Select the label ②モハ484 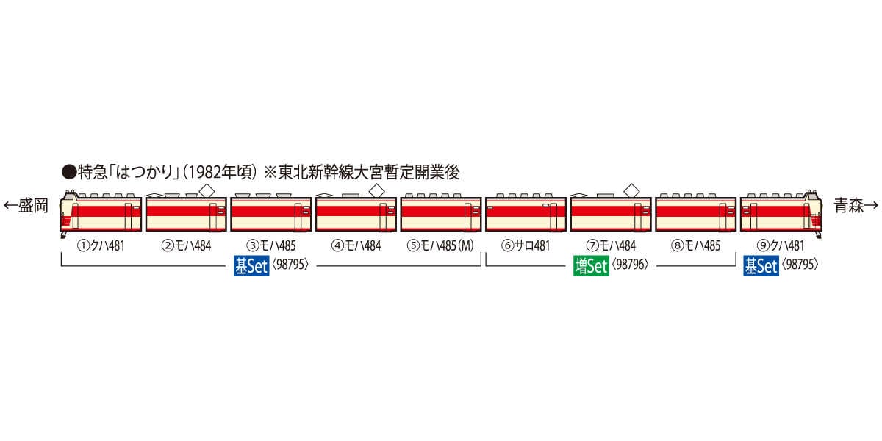point(186,246)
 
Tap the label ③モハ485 point(270,246)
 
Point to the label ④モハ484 point(356,246)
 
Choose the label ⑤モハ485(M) point(440,246)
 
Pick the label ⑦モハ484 point(610,246)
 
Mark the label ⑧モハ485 point(695,246)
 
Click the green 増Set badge point(591,266)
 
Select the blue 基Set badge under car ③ point(251,266)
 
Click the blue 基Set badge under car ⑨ point(761,266)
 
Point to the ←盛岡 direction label point(26,206)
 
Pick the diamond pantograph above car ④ point(376,190)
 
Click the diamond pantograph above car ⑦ point(631,190)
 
